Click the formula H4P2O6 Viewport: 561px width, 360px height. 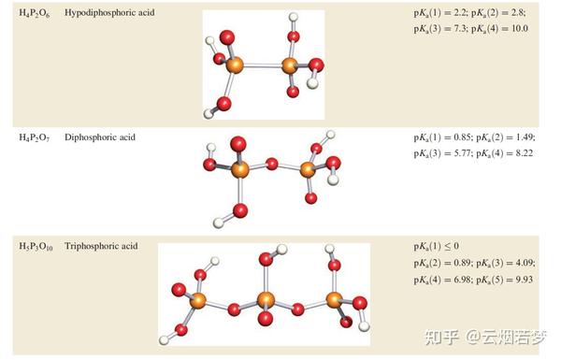(36, 13)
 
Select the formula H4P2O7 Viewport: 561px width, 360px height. (36, 137)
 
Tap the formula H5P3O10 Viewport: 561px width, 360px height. (36, 247)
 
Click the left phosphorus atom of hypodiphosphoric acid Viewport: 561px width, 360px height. (234, 65)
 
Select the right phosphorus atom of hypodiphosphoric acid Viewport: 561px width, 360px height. (289, 65)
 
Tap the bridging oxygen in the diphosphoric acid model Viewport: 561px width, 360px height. (272, 166)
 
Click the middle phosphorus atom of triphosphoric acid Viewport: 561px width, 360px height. (266, 299)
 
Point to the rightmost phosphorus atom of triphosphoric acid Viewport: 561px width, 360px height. (335, 300)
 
